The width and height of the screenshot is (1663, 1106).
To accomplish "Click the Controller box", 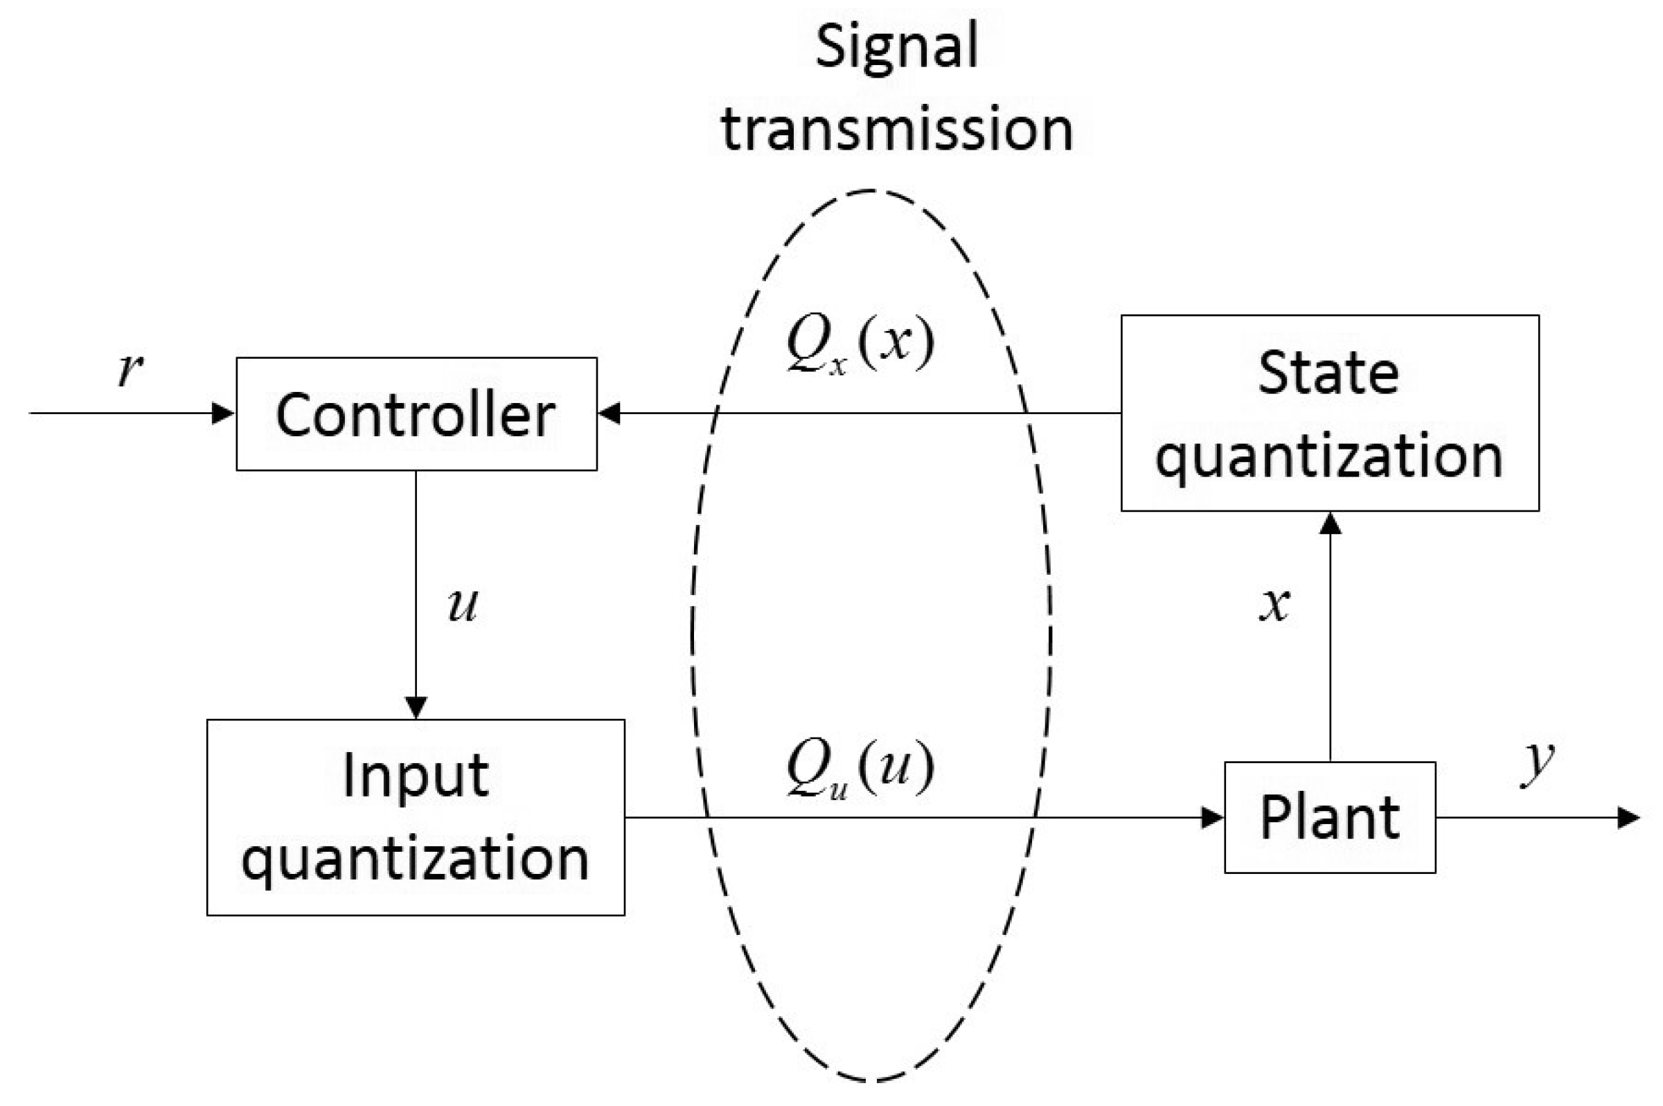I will pos(416,414).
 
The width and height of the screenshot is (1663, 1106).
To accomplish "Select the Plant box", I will pos(1329,817).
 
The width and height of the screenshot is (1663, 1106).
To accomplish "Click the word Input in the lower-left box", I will pos(416,776).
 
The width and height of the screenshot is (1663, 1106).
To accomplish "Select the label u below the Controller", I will pos(463,605).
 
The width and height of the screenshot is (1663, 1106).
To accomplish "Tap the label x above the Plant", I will pos(1274,605).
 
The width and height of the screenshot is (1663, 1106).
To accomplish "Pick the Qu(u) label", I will pos(860,768).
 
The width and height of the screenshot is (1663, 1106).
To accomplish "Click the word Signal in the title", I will pos(896,46).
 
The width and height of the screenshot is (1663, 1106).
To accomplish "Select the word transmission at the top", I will pos(896,130).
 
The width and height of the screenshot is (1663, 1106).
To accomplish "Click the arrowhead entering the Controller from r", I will pos(224,413).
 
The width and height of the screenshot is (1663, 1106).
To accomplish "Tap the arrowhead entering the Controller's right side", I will pos(610,413).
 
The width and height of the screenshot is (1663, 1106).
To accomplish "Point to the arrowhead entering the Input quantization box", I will pos(416,707).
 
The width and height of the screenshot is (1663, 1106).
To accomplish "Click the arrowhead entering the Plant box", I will pos(1212,818).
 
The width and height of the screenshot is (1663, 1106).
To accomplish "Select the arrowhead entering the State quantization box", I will pos(1330,524).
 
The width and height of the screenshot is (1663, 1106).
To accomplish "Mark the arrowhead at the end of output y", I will pos(1628,818).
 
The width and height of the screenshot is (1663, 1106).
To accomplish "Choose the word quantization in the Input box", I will pos(416,860).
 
